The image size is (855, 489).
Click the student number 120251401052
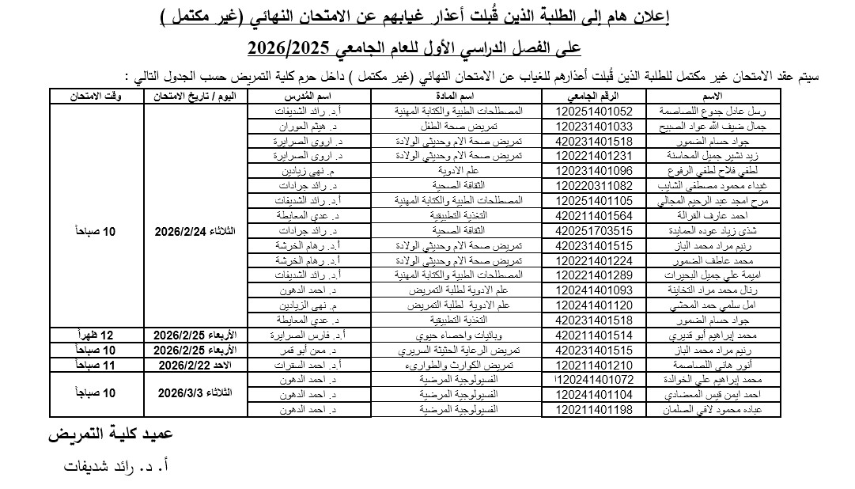(595, 112)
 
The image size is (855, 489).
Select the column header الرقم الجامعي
(595, 96)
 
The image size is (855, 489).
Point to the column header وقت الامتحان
(96, 96)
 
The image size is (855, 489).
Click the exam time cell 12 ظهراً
(96, 335)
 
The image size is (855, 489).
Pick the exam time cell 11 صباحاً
(96, 365)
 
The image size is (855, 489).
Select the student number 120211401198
(595, 409)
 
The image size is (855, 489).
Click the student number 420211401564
(595, 215)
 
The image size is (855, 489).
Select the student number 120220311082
(595, 185)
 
